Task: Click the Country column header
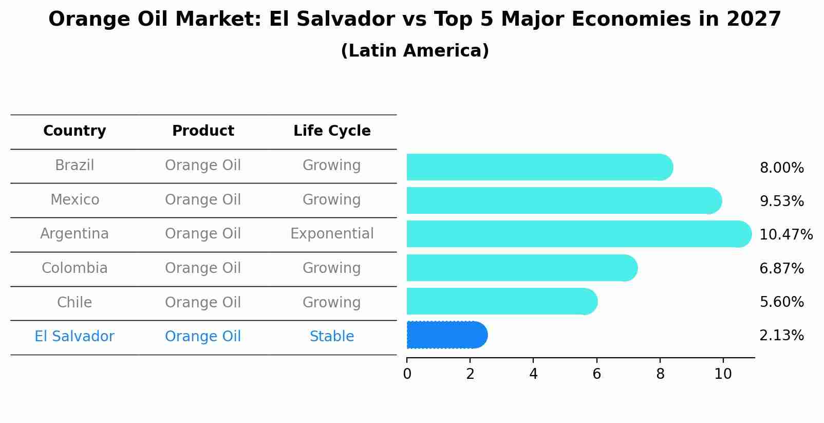click(x=74, y=131)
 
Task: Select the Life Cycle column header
click(x=332, y=131)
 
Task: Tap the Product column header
click(x=203, y=131)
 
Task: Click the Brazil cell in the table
click(x=74, y=165)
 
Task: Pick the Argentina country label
click(x=74, y=234)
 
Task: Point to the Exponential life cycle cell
click(x=332, y=234)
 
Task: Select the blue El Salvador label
click(x=74, y=337)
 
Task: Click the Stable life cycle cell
click(x=332, y=337)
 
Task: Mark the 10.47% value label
click(x=785, y=235)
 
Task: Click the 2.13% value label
click(x=781, y=336)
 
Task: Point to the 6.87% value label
click(x=781, y=268)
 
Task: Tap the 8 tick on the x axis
click(x=660, y=374)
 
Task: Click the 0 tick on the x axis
click(x=407, y=374)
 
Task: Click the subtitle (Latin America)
click(x=415, y=51)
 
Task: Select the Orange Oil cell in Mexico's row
click(x=203, y=200)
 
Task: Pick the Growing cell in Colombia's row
click(x=332, y=268)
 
